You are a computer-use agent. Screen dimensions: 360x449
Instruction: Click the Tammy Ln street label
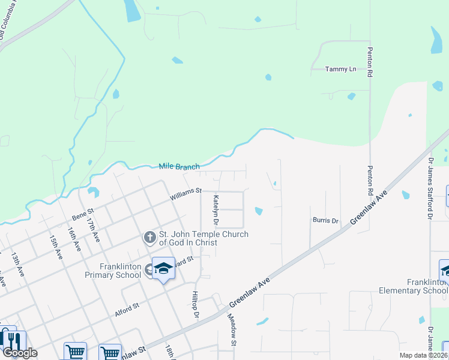[340, 69]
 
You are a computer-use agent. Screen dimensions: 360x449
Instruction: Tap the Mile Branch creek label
[179, 166]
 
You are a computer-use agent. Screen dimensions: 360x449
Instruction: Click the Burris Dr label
[325, 220]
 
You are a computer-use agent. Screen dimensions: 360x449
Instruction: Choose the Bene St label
[83, 213]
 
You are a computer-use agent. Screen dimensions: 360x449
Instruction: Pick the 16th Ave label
[74, 238]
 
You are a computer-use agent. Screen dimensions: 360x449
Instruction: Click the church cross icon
[150, 238]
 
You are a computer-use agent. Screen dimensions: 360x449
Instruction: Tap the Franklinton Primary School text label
[121, 271]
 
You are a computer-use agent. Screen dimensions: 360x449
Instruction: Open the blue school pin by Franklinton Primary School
[163, 269]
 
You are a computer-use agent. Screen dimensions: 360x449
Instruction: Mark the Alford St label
[127, 309]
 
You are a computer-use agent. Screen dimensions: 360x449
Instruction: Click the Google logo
[20, 353]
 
